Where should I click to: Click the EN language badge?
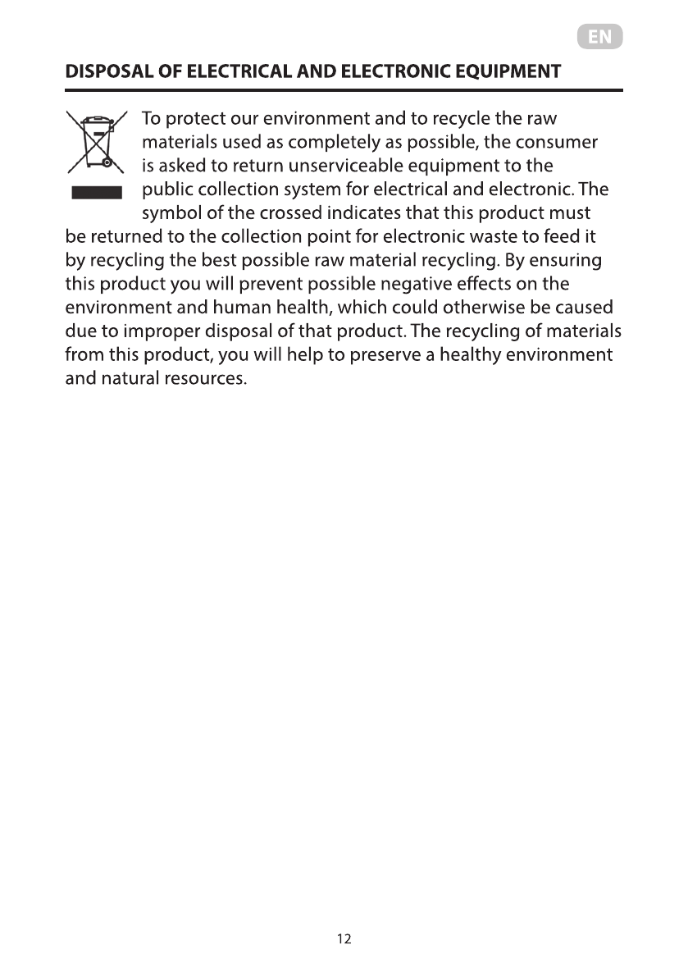[x=599, y=37]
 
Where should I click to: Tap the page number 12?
[x=344, y=938]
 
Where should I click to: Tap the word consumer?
[x=558, y=142]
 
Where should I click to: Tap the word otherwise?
[x=489, y=308]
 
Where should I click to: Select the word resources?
[x=207, y=380]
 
